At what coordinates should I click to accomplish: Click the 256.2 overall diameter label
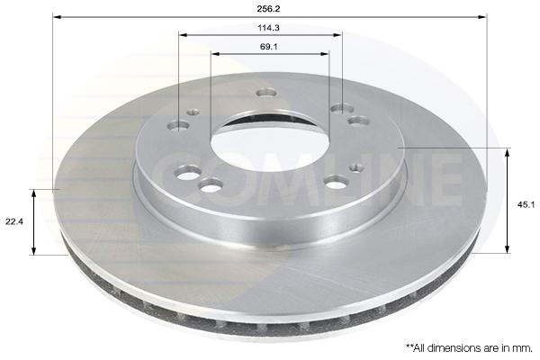click(x=268, y=9)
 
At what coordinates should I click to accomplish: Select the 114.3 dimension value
click(x=268, y=28)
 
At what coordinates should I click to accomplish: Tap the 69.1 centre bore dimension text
click(x=268, y=47)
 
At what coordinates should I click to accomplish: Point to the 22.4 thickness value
click(x=14, y=222)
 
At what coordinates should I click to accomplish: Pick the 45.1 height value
click(x=526, y=204)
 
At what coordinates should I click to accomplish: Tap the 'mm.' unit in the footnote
click(x=524, y=348)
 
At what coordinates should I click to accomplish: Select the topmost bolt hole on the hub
click(x=267, y=93)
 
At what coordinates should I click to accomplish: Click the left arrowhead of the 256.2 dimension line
click(x=57, y=16)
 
